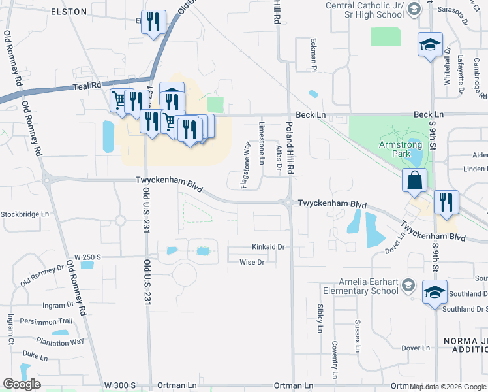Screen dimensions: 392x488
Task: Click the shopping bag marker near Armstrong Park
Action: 416,180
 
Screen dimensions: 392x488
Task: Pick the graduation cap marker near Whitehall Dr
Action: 430,44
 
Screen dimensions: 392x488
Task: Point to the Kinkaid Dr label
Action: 269,247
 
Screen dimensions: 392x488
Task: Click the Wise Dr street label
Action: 252,262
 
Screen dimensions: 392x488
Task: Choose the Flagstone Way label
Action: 246,165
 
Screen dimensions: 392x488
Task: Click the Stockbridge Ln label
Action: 25,214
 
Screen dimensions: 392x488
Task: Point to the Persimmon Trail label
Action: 46,321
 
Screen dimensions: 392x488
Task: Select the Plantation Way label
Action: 60,342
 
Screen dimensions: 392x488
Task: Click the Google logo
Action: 22,384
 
